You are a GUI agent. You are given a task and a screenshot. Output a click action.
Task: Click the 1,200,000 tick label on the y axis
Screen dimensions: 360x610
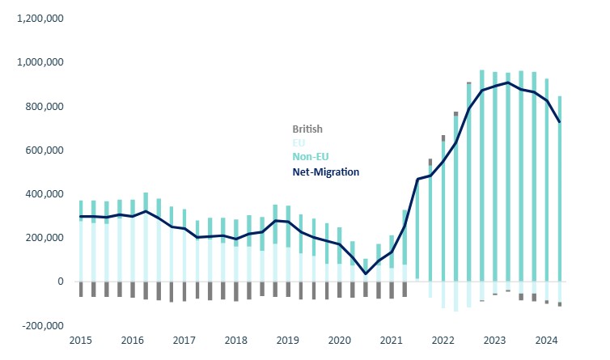click(x=40, y=18)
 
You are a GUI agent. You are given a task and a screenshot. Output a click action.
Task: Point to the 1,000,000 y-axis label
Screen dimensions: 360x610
click(x=40, y=62)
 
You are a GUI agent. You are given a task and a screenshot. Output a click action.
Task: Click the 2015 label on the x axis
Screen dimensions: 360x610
click(x=81, y=341)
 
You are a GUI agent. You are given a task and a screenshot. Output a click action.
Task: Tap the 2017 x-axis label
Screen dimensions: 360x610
click(x=184, y=341)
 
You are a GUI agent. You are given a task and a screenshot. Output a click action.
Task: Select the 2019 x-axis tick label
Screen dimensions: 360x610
click(x=287, y=341)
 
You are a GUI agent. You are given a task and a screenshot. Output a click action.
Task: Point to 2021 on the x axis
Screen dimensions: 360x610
click(x=391, y=341)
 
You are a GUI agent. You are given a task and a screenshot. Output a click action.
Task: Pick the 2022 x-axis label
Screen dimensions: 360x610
click(x=443, y=341)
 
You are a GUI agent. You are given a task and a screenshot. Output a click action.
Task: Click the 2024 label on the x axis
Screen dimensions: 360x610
click(x=546, y=341)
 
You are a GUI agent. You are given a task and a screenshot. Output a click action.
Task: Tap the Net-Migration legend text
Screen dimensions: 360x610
click(x=325, y=172)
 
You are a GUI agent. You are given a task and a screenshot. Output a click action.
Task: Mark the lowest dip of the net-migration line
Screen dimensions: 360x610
click(x=366, y=273)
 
